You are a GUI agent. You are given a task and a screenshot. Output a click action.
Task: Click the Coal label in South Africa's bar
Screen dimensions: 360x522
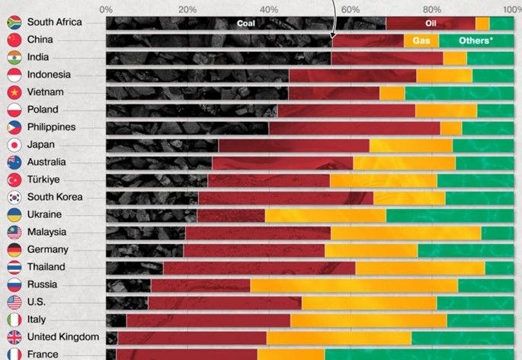coord(245,23)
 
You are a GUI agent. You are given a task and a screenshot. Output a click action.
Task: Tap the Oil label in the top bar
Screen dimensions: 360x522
coord(430,23)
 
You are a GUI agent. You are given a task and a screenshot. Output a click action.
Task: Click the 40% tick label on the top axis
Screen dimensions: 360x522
coord(268,9)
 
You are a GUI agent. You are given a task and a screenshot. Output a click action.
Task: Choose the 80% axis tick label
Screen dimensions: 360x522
coord(431,9)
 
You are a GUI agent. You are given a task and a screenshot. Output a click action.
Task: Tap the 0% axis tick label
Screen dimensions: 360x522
coord(106,9)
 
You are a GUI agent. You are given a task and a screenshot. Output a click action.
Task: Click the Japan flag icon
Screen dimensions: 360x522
coord(14,145)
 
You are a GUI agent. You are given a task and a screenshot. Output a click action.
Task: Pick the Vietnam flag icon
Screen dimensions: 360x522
coord(14,92)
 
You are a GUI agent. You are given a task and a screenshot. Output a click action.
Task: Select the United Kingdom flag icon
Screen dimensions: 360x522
coord(14,337)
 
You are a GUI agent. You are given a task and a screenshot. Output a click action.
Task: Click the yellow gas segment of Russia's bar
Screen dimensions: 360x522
coord(354,285)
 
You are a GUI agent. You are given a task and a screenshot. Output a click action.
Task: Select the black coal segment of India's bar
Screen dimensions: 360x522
coord(218,57)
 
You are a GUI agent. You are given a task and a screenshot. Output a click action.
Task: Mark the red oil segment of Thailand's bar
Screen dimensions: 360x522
coord(258,268)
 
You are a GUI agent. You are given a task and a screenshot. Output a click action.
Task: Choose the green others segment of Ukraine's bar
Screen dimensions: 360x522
coord(450,215)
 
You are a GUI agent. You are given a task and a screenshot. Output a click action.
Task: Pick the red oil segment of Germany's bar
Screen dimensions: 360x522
coord(254,250)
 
